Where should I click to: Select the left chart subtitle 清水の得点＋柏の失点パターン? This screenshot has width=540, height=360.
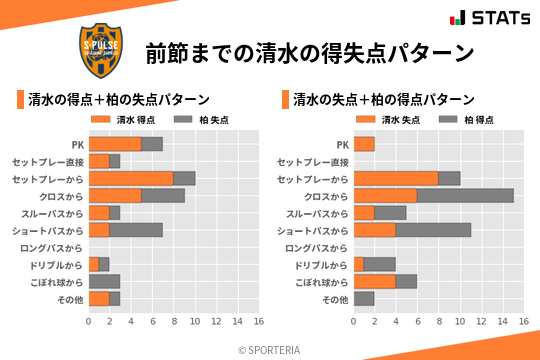pos(118,100)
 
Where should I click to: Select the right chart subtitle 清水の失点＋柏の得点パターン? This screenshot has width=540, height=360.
pos(384,100)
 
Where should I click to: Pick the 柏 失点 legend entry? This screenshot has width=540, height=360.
pos(200,120)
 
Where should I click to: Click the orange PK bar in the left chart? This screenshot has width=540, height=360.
pos(115,144)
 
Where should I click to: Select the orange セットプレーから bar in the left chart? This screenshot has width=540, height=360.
pos(131,178)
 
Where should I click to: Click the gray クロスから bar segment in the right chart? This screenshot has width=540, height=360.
pos(465,196)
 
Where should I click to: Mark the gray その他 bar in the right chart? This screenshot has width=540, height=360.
pos(364,299)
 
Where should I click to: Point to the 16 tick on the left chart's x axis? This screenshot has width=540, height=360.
pos(258,322)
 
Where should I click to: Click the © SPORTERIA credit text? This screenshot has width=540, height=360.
pos(270,350)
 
